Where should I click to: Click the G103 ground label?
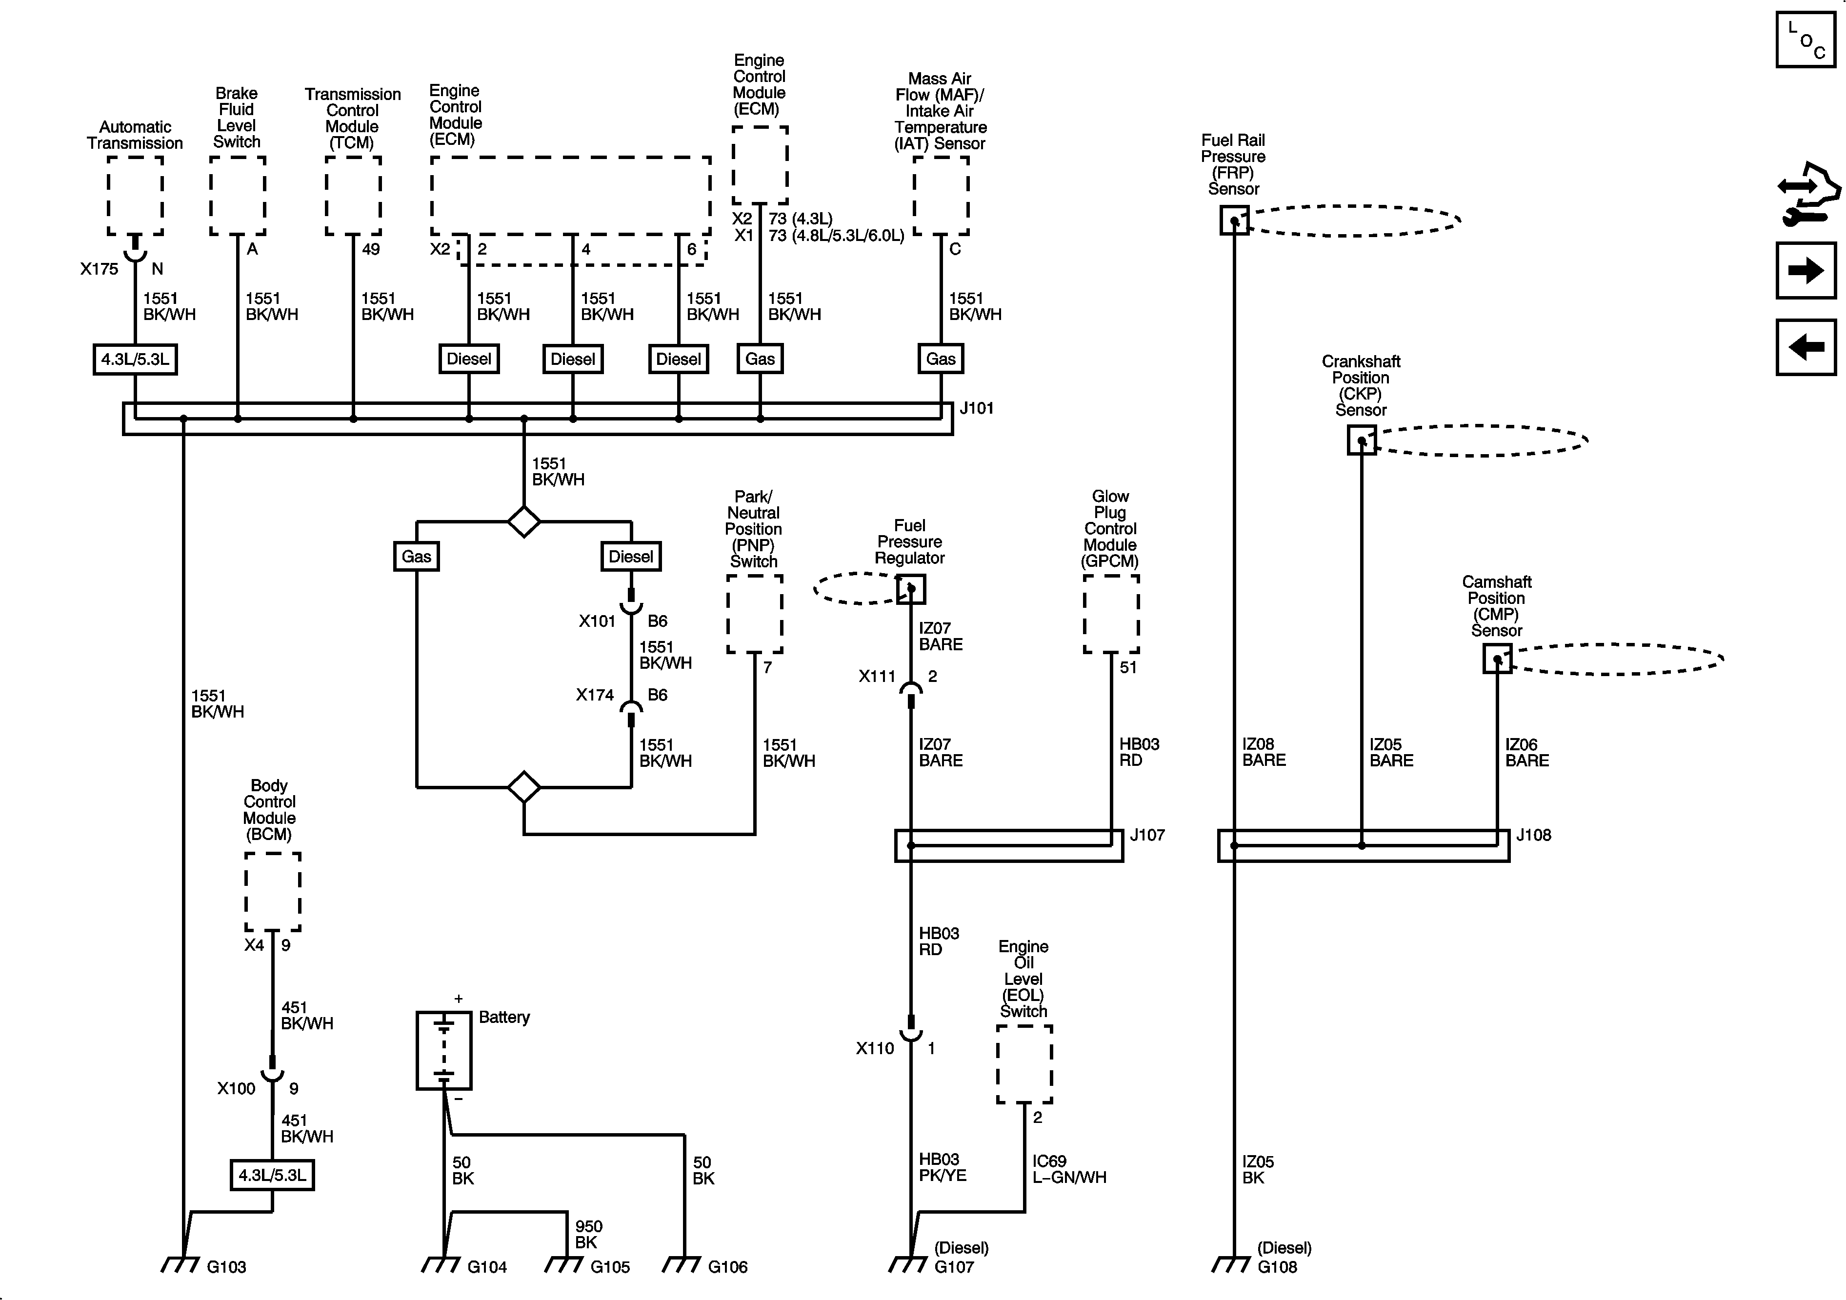click(x=226, y=1267)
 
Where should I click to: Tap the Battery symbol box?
click(x=444, y=1050)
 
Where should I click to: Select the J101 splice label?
click(x=977, y=408)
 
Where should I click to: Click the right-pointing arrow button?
click(x=1806, y=270)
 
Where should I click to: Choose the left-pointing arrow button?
click(x=1806, y=347)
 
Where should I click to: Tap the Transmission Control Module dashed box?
click(x=353, y=195)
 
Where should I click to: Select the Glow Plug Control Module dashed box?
click(x=1111, y=614)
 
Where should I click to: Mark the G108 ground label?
click(x=1278, y=1267)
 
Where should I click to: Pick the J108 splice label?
click(x=1533, y=835)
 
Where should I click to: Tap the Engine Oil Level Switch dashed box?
click(x=1024, y=1063)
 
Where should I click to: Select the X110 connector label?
click(x=875, y=1048)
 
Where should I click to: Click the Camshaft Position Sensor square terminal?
click(x=1497, y=659)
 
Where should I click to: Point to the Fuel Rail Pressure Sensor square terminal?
click(x=1234, y=220)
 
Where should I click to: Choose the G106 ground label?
click(x=728, y=1267)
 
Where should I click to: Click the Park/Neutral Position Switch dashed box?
click(x=754, y=614)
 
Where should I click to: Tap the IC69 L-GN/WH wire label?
click(x=1068, y=1169)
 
